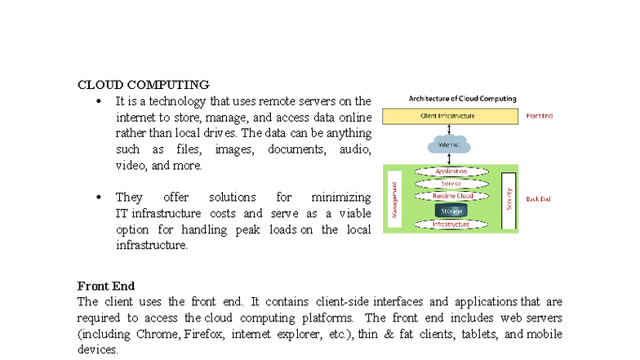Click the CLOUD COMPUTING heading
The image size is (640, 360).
click(143, 84)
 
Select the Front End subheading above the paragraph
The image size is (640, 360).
click(105, 286)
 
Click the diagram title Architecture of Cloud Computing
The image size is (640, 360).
click(462, 99)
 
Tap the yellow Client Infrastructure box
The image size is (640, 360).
click(451, 116)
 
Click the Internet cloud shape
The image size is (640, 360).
click(450, 144)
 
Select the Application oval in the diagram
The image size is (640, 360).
click(451, 171)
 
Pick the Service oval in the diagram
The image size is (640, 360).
click(451, 184)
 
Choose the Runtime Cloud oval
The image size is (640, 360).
click(451, 196)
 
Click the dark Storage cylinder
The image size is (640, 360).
click(451, 210)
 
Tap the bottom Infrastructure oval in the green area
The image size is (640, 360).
click(451, 224)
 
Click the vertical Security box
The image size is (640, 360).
click(508, 198)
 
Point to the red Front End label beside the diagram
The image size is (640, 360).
click(539, 116)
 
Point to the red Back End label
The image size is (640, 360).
click(538, 198)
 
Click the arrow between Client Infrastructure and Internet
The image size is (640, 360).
click(451, 129)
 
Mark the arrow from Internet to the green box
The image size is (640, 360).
click(451, 159)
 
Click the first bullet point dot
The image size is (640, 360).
click(98, 102)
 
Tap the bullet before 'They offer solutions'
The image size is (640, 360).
click(98, 198)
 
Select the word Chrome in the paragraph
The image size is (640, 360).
click(159, 335)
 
